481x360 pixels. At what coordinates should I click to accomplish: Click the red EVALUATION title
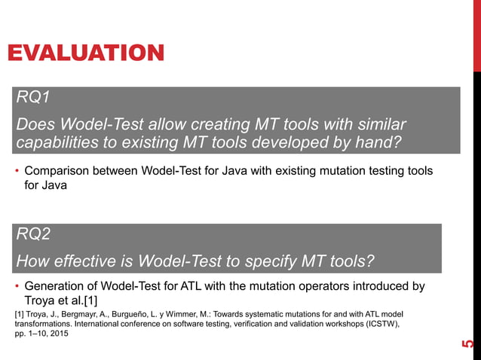(x=85, y=53)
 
